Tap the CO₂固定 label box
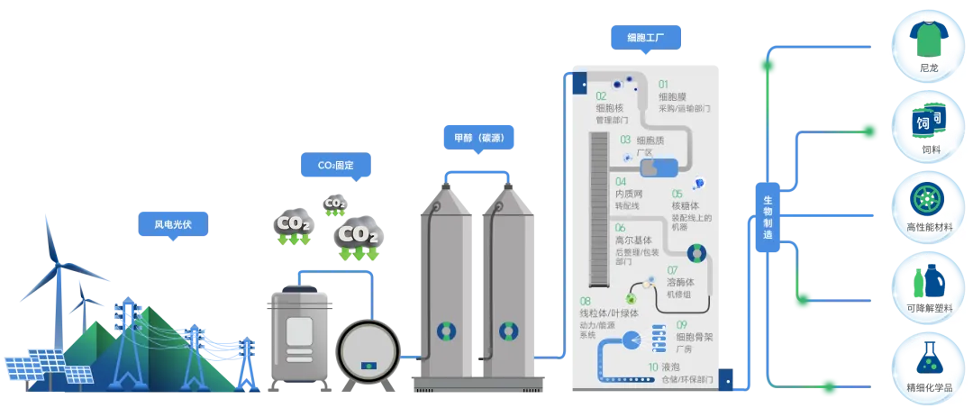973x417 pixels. (335, 166)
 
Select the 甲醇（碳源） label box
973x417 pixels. (478, 138)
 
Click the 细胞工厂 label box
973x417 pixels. (645, 38)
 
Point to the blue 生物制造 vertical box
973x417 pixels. (768, 216)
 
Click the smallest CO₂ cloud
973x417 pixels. (335, 204)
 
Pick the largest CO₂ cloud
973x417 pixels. (358, 236)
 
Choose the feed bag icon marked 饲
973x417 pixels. (924, 122)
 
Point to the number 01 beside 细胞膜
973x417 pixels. (664, 84)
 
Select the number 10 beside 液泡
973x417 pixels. (653, 367)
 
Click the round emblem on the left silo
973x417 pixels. (447, 331)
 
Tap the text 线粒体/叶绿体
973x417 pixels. (609, 313)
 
